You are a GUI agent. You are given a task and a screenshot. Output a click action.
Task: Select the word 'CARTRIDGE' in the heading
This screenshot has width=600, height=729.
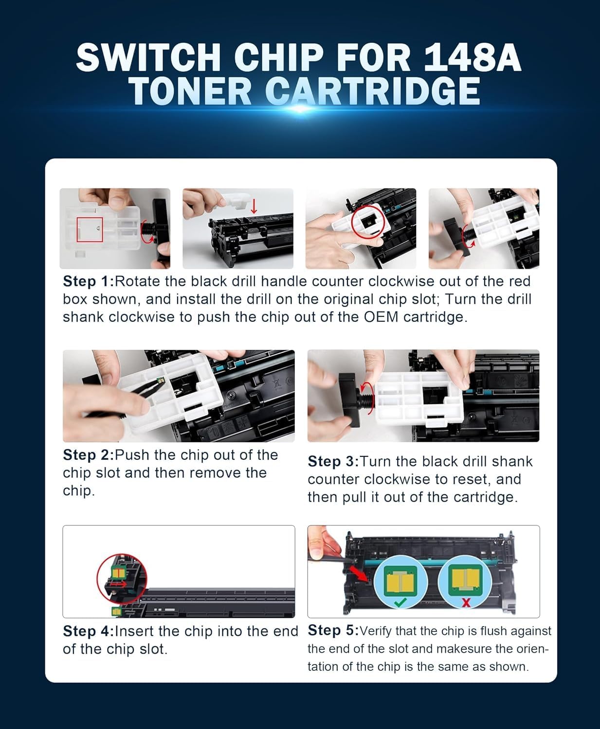click(x=373, y=91)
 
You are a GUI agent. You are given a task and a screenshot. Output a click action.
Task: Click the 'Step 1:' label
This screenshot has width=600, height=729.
click(x=88, y=281)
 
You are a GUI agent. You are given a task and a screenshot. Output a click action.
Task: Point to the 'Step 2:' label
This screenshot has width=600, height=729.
click(x=88, y=455)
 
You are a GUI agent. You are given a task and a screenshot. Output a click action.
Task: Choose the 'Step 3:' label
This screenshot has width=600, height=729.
click(x=333, y=461)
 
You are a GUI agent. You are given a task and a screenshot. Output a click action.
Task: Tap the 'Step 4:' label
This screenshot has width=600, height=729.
click(x=88, y=631)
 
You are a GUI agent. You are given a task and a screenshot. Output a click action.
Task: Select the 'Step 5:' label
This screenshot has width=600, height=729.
click(x=333, y=630)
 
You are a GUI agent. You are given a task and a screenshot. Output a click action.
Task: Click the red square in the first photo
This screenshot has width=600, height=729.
click(x=90, y=229)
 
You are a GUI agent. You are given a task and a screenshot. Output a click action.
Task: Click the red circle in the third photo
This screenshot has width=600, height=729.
click(x=368, y=221)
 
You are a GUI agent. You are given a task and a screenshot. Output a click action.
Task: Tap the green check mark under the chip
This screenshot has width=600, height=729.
click(x=400, y=603)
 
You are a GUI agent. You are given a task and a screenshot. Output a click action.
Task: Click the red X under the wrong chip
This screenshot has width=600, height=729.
click(x=466, y=603)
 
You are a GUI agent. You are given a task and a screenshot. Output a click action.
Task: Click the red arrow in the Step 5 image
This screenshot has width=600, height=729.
click(x=361, y=575)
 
